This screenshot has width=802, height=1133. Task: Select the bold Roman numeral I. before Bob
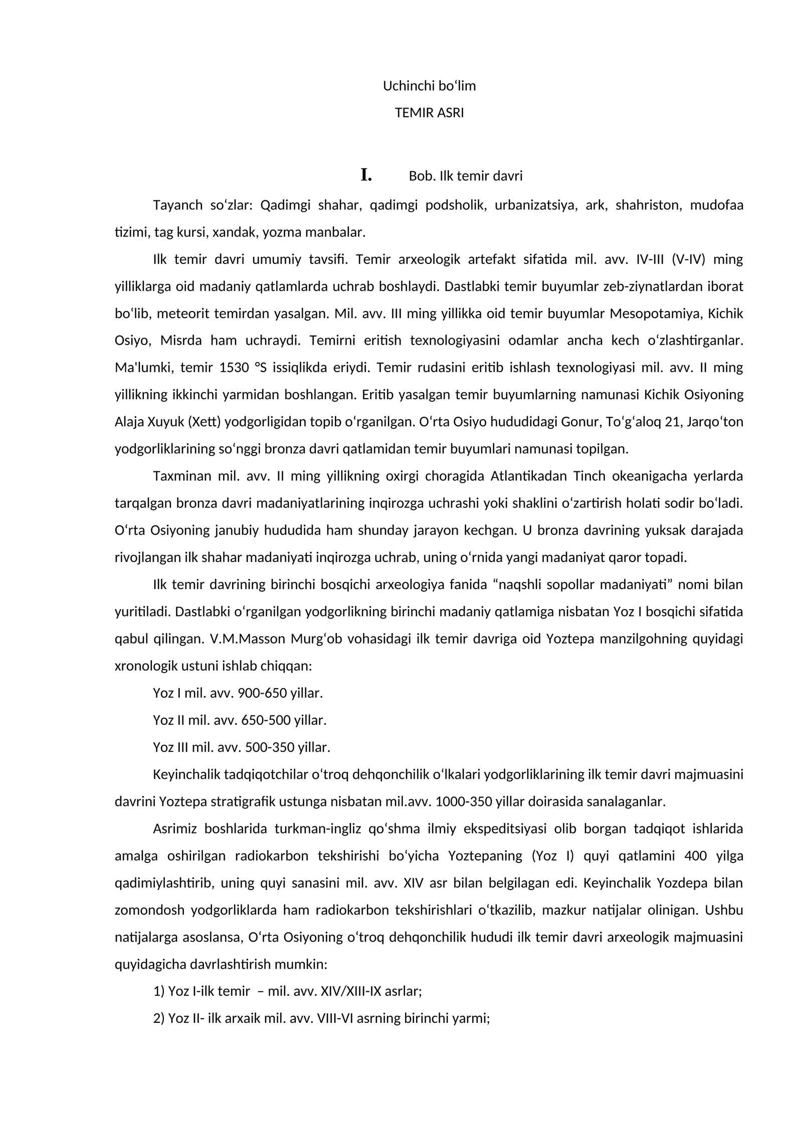[x=366, y=175]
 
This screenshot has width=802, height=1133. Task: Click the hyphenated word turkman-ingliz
[x=318, y=828]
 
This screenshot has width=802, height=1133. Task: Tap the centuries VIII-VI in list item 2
[x=337, y=1018]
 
